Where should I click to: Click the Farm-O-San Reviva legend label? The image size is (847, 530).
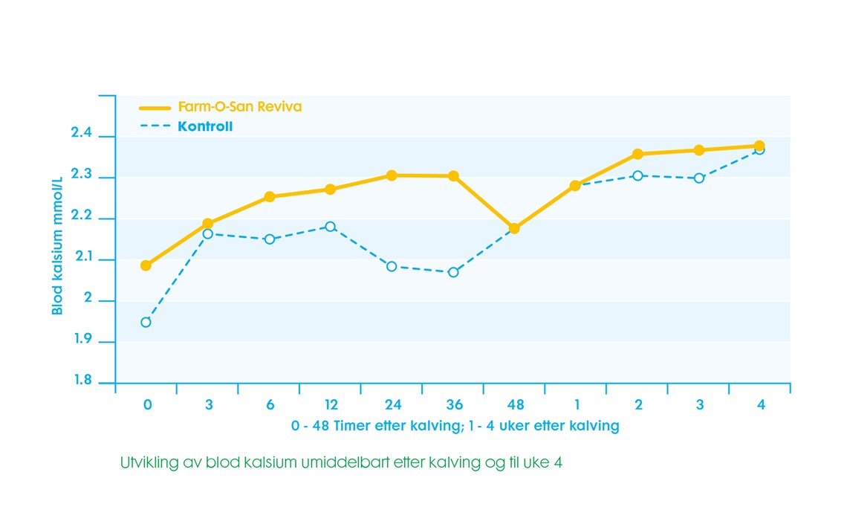pos(239,107)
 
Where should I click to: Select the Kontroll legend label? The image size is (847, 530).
pos(205,126)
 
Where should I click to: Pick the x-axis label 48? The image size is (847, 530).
pos(515,405)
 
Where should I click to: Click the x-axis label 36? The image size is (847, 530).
pos(454,405)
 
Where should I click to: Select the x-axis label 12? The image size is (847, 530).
pos(331,405)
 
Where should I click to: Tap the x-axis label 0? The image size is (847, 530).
pos(147,405)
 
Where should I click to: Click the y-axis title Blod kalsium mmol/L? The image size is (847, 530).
pos(57,250)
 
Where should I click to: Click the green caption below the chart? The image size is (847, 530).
pos(342,462)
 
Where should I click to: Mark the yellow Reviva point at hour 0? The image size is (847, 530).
pos(146,265)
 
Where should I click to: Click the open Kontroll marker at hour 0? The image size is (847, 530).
pos(146,322)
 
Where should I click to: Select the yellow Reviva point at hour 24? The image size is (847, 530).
pos(392,175)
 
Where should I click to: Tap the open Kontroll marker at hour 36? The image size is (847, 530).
pos(453,272)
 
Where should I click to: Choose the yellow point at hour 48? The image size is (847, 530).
pos(514,228)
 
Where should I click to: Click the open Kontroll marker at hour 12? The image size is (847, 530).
pos(331,226)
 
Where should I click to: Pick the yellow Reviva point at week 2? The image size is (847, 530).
pos(637,154)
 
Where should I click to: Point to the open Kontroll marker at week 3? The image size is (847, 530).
pos(699,178)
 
